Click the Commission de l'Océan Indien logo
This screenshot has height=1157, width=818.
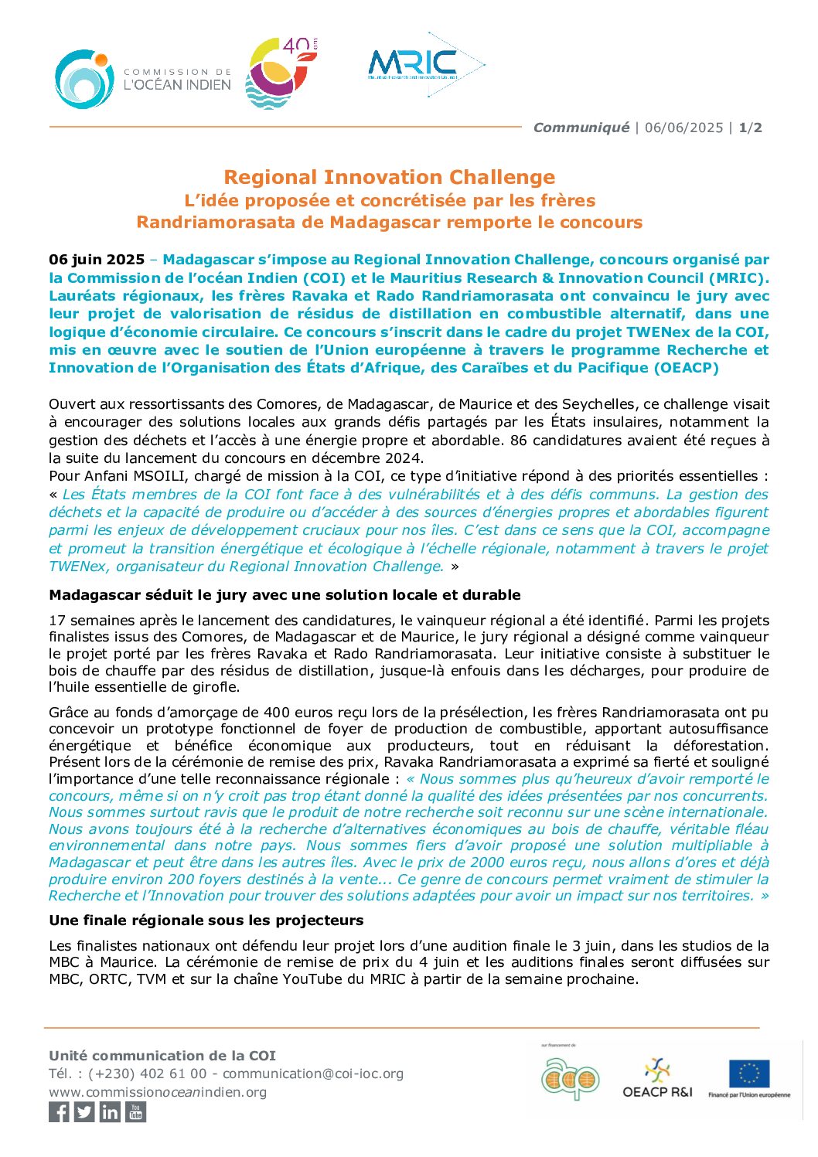(x=143, y=79)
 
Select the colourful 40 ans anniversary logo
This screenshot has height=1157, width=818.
(x=281, y=73)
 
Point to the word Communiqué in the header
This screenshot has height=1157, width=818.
(x=581, y=128)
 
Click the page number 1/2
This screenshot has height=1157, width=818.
(x=750, y=128)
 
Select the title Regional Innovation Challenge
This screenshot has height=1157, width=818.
(x=389, y=177)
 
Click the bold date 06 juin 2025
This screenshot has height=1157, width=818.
(x=97, y=260)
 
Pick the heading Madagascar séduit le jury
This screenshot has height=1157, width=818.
(x=285, y=595)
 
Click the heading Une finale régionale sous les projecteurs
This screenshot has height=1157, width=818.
(x=206, y=920)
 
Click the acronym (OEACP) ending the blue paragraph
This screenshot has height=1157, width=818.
(x=686, y=368)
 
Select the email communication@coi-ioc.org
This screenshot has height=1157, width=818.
(x=312, y=1074)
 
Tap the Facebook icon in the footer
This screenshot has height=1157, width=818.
(x=59, y=1111)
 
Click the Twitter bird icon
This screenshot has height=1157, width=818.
(x=84, y=1111)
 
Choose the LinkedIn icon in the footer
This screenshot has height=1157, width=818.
(x=110, y=1111)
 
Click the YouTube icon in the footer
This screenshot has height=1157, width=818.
(x=136, y=1111)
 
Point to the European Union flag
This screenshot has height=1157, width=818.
(x=748, y=1074)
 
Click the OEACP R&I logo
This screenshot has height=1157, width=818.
(x=657, y=1077)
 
